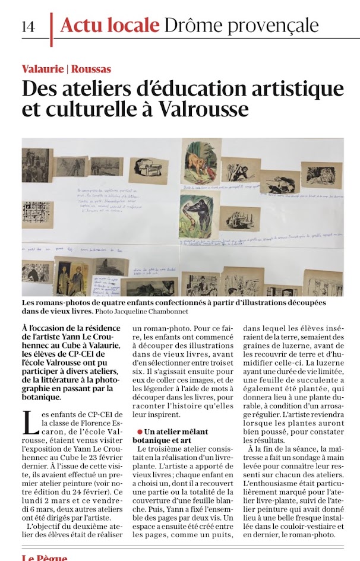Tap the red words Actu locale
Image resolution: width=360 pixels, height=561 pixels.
coord(110,26)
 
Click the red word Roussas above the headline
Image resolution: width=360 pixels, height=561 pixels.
coord(91,69)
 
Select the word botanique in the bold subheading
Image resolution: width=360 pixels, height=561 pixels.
coord(154,441)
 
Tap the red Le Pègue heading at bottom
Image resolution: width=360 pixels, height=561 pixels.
coord(45,557)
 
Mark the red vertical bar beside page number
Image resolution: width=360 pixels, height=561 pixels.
coord(52,28)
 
